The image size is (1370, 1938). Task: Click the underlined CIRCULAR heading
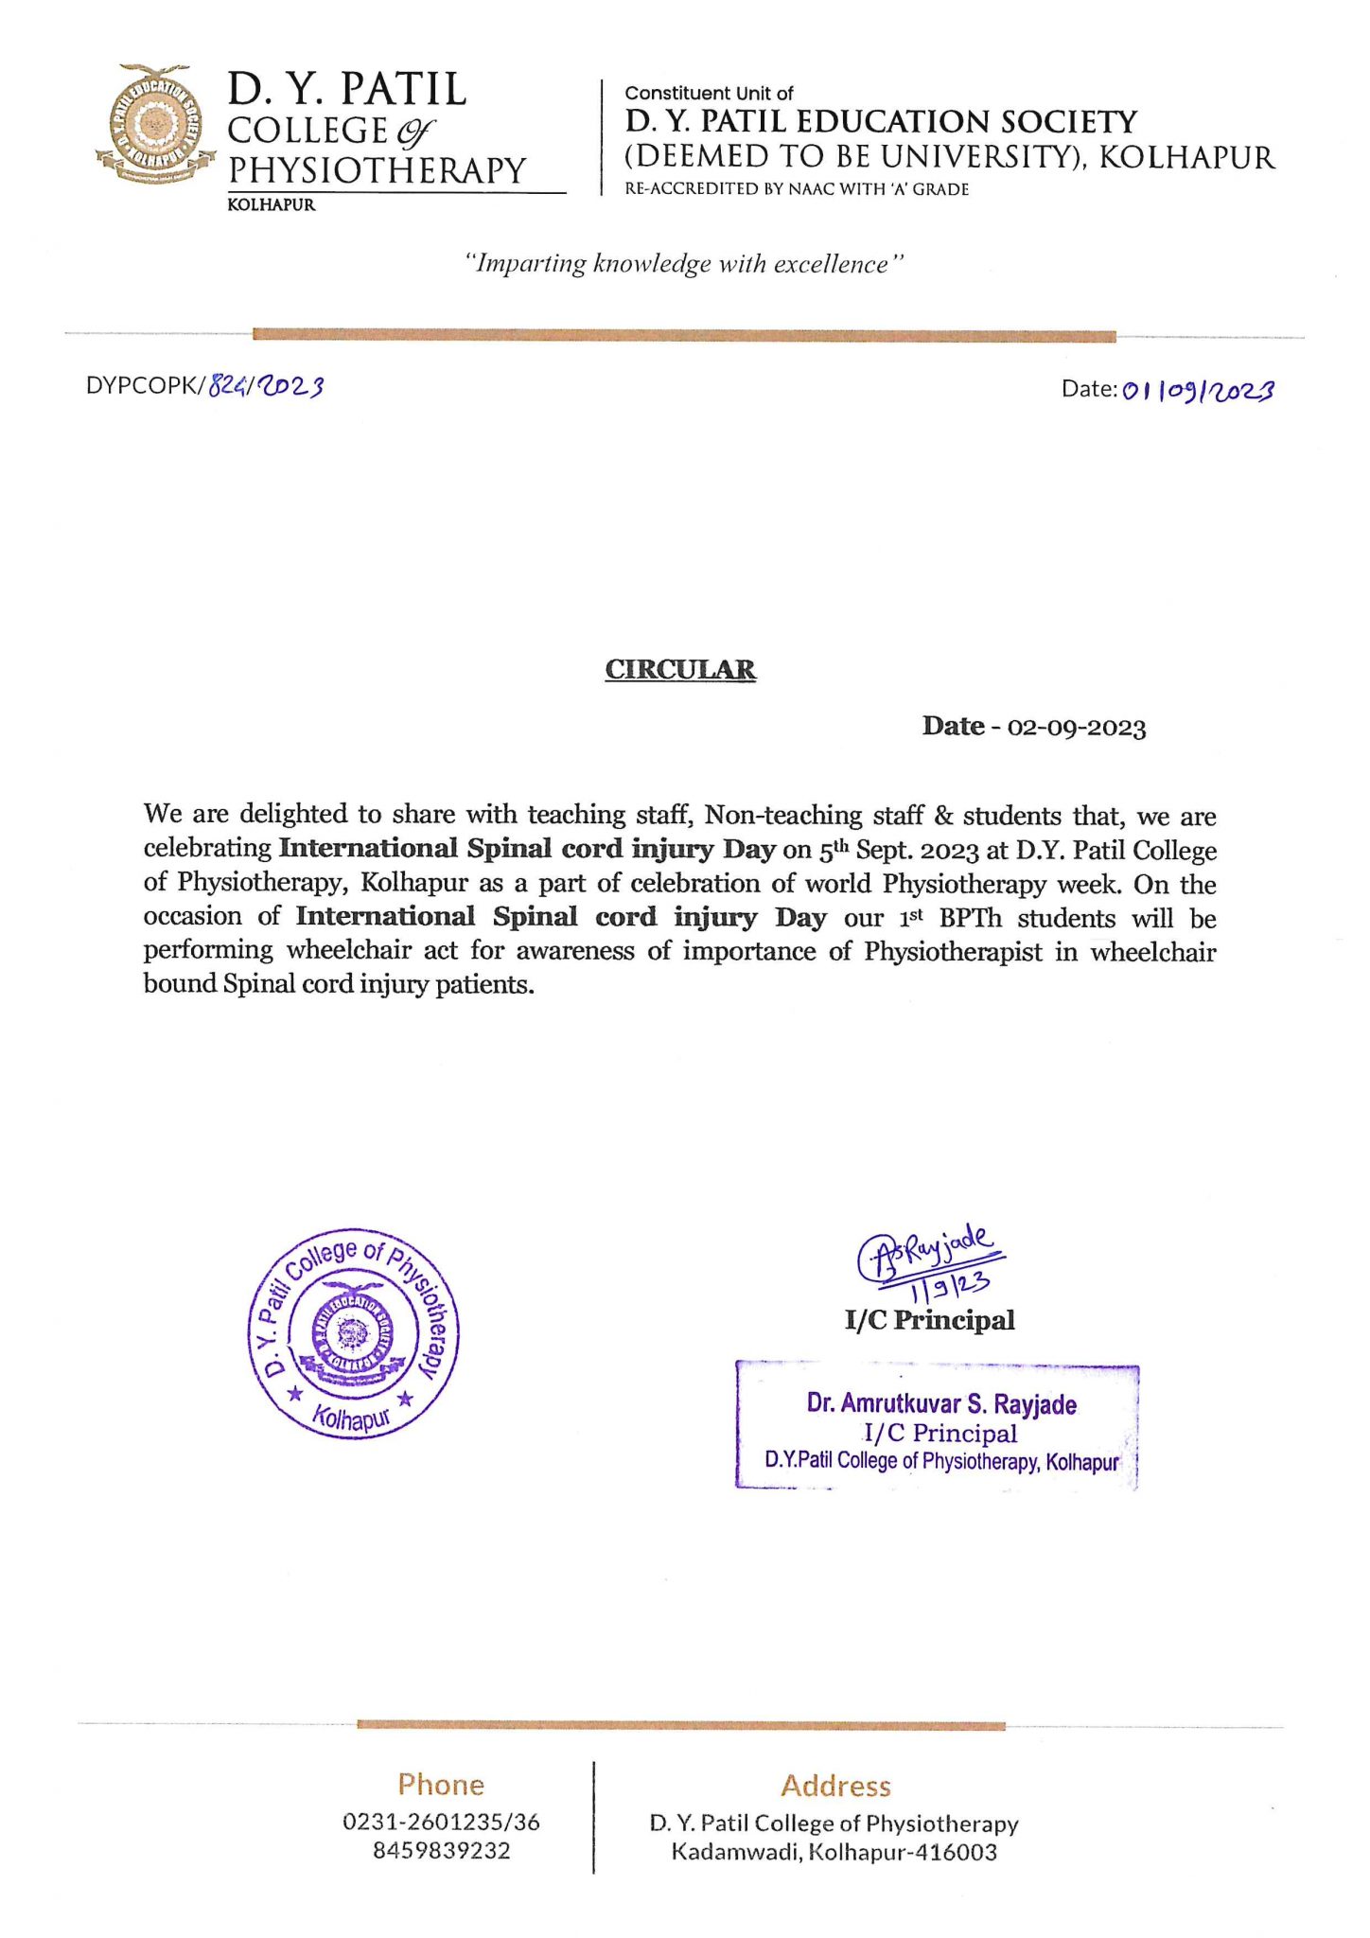(680, 670)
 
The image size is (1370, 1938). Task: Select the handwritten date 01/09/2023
(1198, 390)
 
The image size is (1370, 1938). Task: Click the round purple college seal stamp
(353, 1335)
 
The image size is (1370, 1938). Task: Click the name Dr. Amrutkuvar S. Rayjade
(941, 1403)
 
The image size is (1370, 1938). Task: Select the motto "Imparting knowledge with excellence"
(684, 264)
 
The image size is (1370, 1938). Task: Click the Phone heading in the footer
(441, 1785)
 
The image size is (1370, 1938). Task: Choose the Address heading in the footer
(835, 1786)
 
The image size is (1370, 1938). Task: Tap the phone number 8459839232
(441, 1850)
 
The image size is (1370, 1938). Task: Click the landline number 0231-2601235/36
(441, 1822)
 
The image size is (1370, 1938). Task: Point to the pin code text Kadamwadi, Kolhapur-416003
(834, 1852)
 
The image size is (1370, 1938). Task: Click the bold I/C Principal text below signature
(929, 1320)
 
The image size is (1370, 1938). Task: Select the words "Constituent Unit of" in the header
(709, 94)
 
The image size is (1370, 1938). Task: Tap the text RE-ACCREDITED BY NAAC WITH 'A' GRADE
(797, 189)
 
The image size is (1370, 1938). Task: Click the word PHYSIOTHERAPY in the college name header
(377, 170)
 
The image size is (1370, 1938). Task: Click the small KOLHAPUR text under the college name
(272, 205)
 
